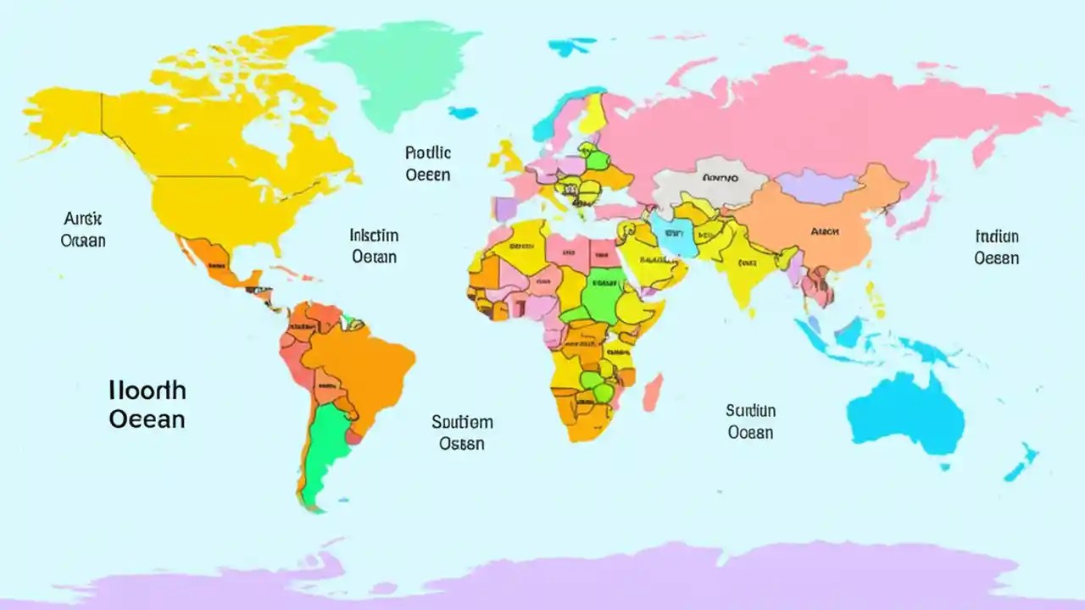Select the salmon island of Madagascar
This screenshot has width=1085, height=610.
652,394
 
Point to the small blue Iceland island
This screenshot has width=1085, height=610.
463,112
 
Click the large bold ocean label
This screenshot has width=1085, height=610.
147,404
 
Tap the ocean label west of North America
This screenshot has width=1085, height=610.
83,230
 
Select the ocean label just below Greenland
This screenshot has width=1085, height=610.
428,164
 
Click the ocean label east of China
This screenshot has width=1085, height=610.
996,247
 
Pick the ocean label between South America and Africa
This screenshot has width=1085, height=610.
462,432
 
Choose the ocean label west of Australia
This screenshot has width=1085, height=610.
750,421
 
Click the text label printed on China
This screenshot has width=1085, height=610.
824,230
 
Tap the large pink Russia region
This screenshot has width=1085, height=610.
805,119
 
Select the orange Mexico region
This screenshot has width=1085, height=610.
212,258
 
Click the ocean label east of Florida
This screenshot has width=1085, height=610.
374,245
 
